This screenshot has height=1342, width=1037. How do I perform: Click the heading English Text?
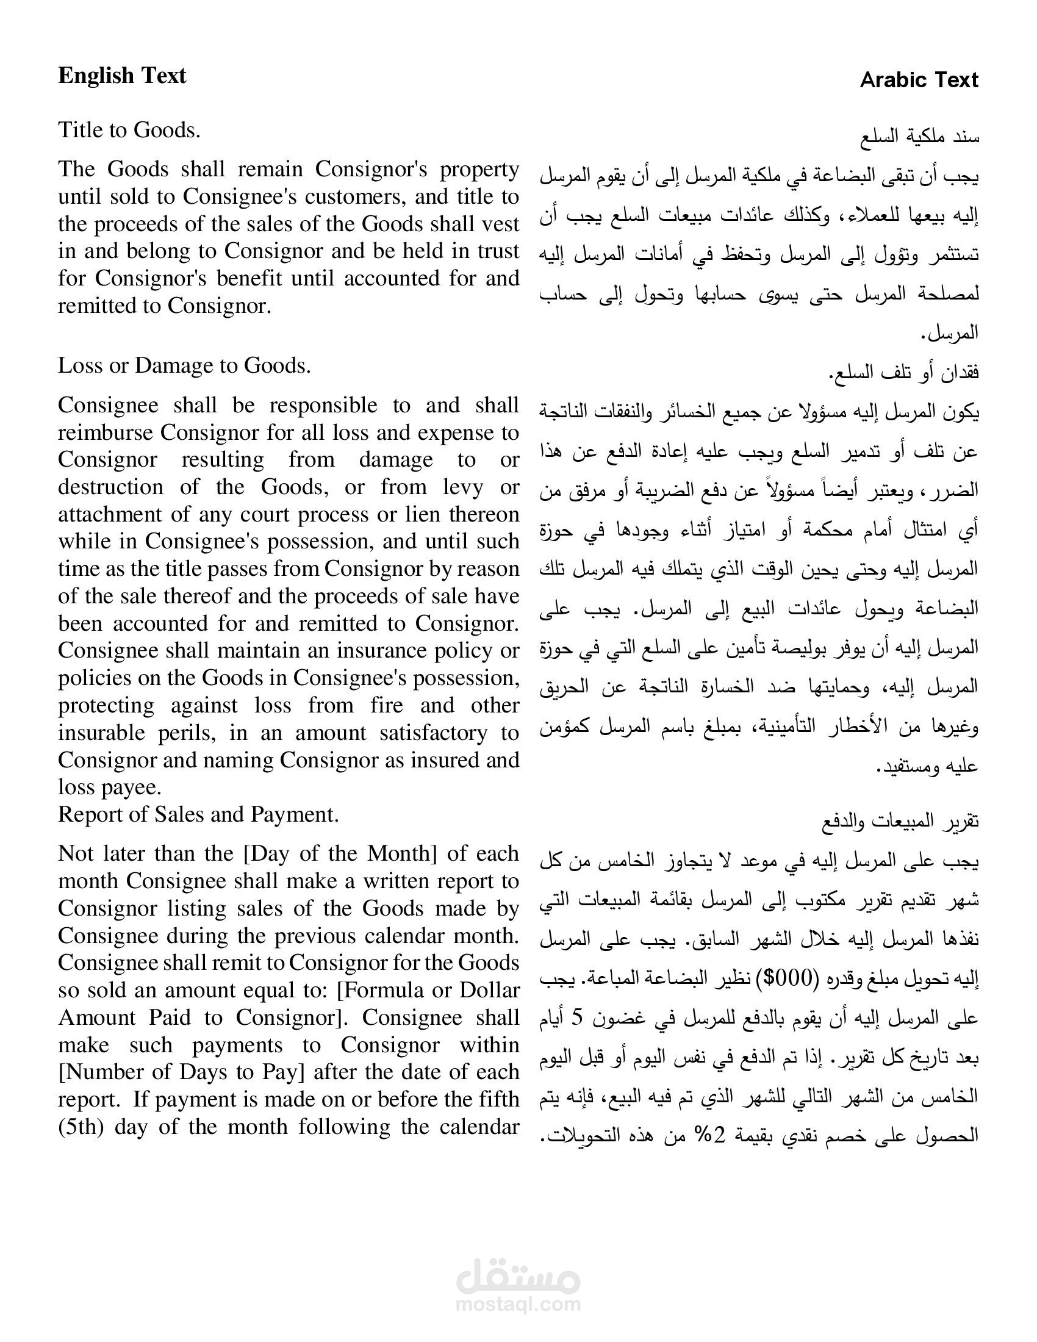coord(121,76)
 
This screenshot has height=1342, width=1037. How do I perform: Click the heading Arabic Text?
coord(919,80)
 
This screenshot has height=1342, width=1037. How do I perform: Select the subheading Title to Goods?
coord(129,130)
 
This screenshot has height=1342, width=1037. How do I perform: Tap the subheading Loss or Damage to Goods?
coord(184,365)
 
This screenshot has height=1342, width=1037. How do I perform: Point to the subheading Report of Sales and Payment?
coord(198,814)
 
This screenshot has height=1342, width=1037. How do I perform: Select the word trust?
coord(497,251)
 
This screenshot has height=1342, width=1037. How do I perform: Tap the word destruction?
coord(110,487)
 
